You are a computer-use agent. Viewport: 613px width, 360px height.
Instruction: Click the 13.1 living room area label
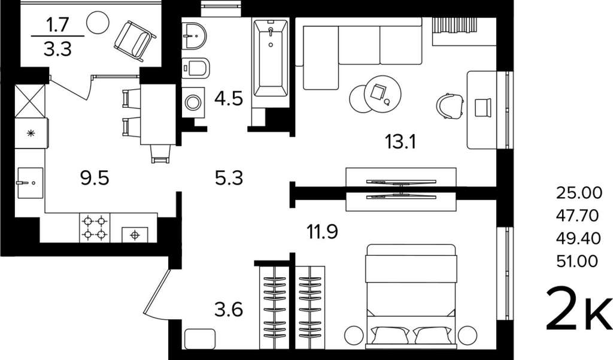coord(400,141)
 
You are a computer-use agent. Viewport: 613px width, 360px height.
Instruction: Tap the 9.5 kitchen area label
coord(95,179)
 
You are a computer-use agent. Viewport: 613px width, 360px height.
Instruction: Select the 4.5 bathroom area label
coord(229,98)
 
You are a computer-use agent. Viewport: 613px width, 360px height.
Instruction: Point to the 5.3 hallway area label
coord(229,178)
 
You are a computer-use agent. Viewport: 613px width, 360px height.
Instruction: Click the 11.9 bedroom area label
coord(322,232)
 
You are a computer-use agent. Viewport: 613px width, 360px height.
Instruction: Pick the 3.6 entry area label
coord(229,310)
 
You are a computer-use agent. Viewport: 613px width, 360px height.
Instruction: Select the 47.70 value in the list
coord(577,215)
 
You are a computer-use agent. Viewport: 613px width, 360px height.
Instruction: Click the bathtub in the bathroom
coord(271,58)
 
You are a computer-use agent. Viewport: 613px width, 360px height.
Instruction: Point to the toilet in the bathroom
coord(196,68)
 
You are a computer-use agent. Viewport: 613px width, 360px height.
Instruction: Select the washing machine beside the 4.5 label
coord(193,102)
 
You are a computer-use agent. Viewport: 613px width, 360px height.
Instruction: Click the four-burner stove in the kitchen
coord(95,228)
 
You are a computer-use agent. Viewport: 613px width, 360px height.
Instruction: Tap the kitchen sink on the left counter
coord(30,183)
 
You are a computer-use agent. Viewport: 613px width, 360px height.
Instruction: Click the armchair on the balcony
coord(135,41)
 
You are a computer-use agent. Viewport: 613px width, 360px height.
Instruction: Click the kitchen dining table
coord(157,114)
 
